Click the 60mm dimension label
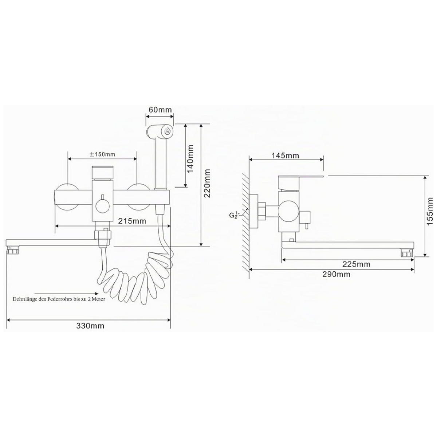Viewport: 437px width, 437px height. click(x=160, y=110)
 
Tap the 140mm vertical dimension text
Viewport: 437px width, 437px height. click(x=190, y=158)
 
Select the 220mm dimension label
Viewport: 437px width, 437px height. click(x=207, y=184)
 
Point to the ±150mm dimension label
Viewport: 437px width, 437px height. click(x=102, y=154)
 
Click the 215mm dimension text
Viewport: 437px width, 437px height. click(x=132, y=221)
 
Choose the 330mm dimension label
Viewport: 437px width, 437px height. click(x=90, y=326)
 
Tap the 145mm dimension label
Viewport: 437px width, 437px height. click(x=285, y=155)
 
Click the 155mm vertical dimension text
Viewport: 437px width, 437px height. click(x=430, y=211)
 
